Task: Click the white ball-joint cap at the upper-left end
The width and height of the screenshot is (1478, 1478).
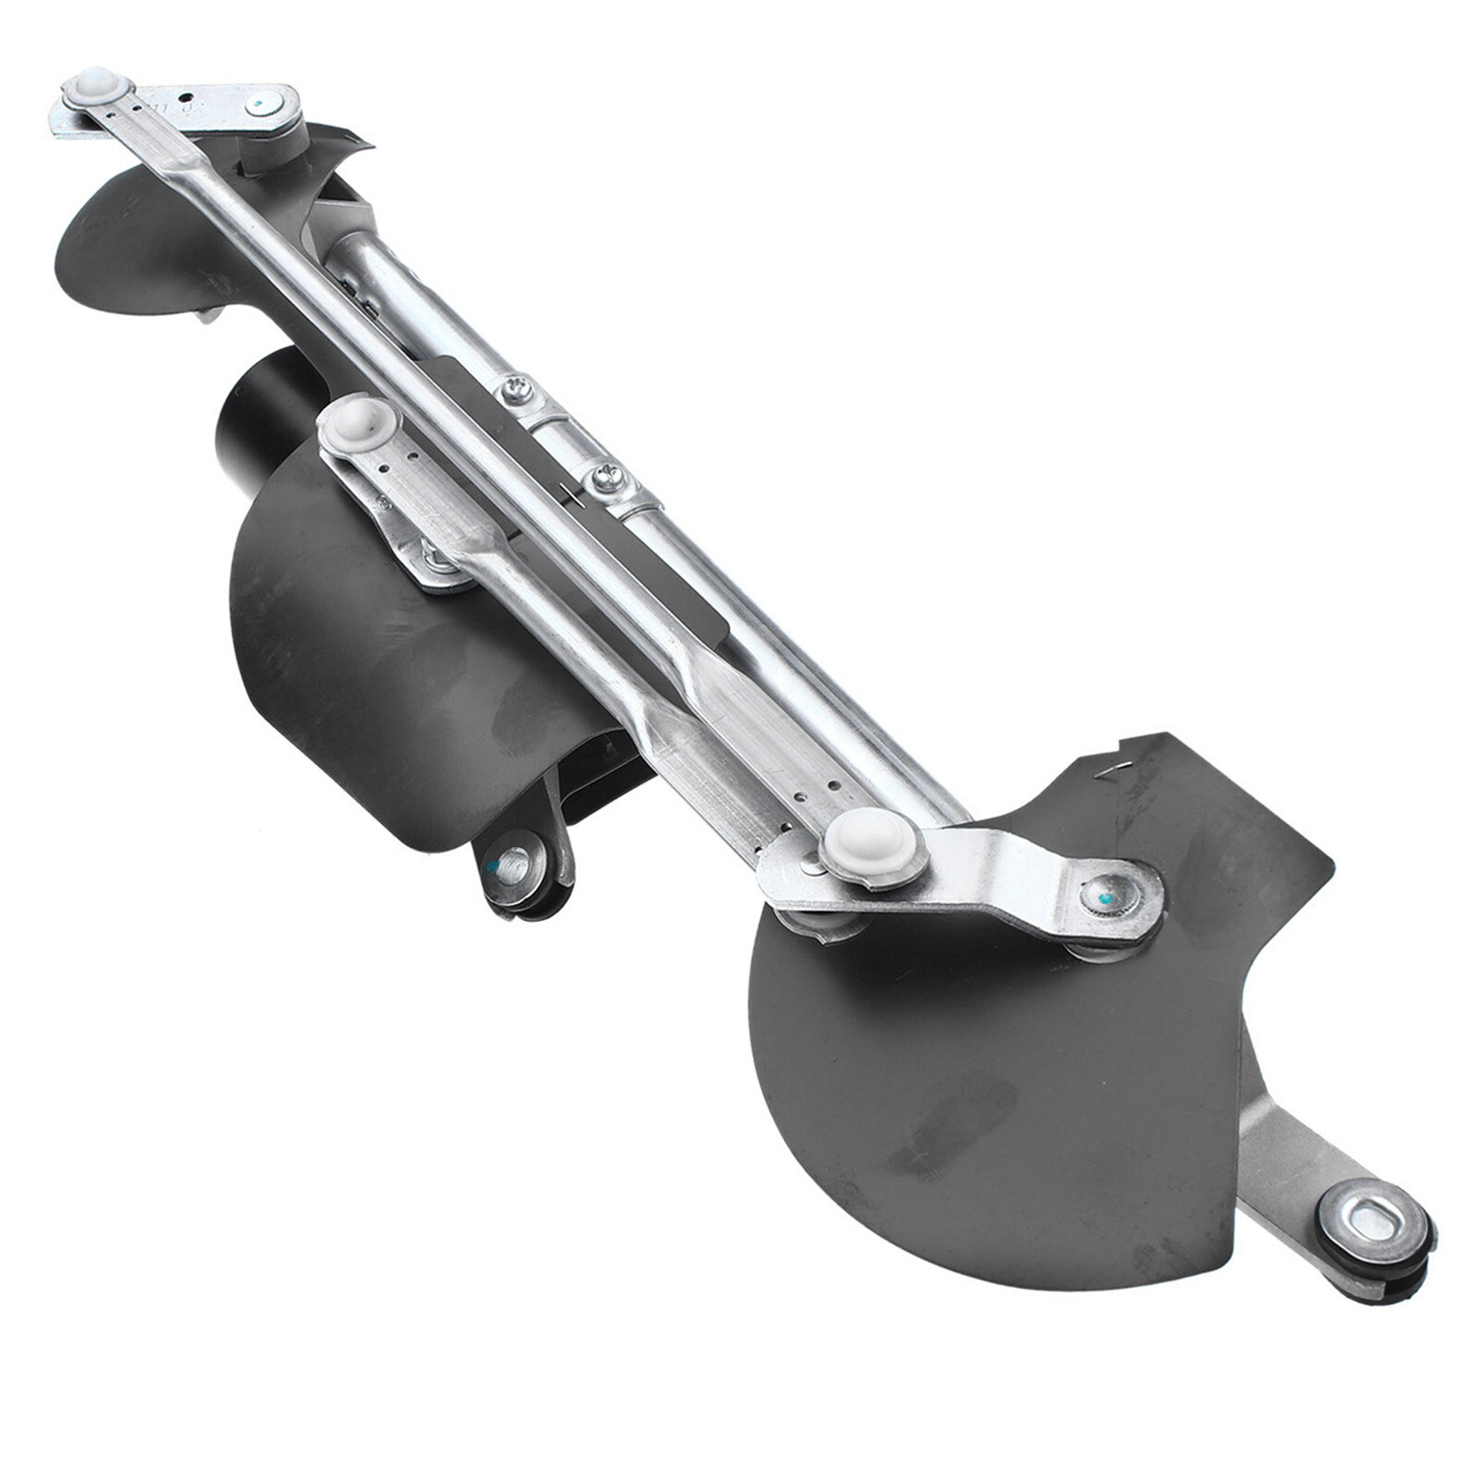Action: (97, 89)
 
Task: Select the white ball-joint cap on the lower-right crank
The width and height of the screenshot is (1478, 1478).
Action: (872, 844)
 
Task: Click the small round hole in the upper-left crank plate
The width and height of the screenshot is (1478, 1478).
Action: (186, 96)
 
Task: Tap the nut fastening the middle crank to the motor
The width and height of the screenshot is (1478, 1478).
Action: (434, 558)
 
